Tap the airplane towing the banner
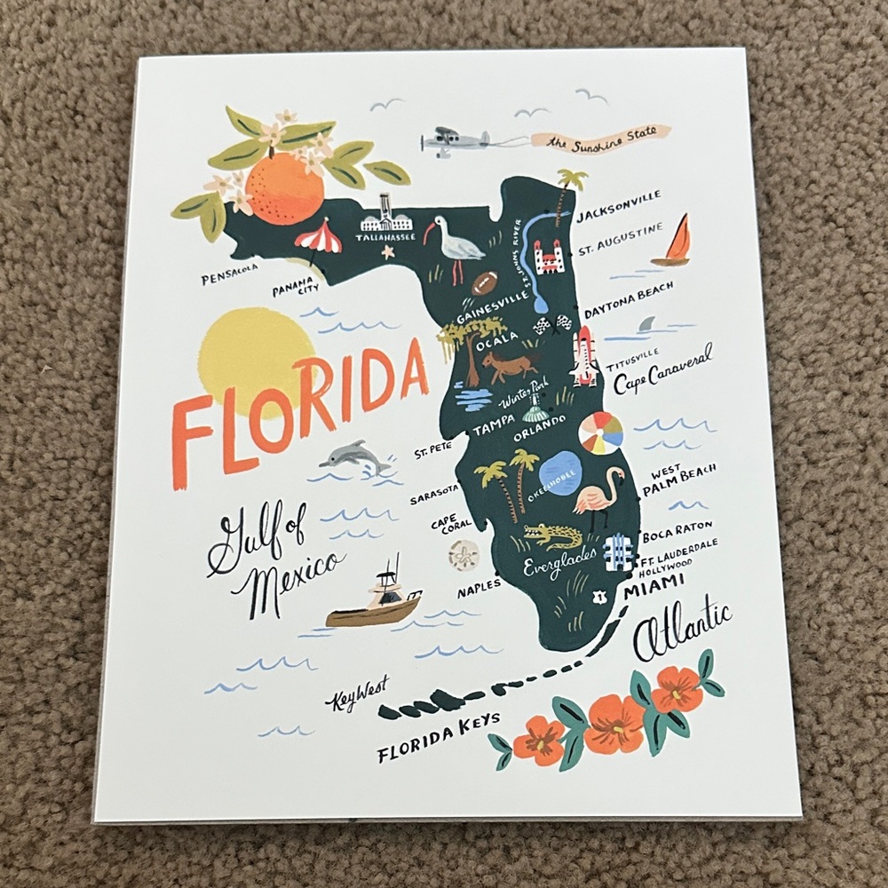click(x=455, y=142)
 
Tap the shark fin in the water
click(x=647, y=326)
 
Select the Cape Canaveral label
click(x=662, y=371)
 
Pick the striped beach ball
click(x=600, y=432)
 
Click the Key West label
click(x=355, y=701)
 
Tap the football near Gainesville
click(x=485, y=284)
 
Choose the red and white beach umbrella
click(x=315, y=238)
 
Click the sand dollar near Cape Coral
click(x=462, y=557)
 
